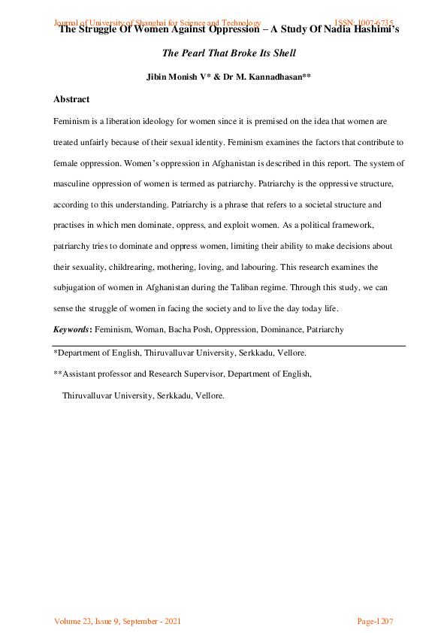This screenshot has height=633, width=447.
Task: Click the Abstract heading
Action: click(x=71, y=99)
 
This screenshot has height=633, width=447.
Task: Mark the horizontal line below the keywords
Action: click(x=229, y=346)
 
